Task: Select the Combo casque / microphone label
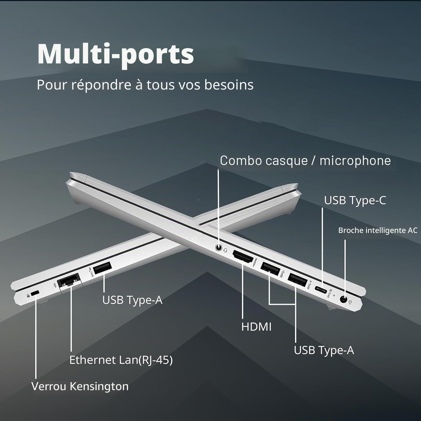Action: click(305, 161)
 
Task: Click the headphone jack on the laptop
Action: click(219, 248)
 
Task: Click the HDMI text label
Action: click(256, 327)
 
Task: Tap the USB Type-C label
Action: click(355, 200)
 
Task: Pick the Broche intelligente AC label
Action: click(378, 230)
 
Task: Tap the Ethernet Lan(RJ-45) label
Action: click(121, 360)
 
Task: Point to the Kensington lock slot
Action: click(35, 294)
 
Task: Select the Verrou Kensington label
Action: click(80, 386)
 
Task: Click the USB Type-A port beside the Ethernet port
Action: click(102, 268)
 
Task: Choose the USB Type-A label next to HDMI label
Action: click(324, 350)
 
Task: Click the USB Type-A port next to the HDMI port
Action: click(270, 268)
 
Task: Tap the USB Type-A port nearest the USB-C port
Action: click(297, 280)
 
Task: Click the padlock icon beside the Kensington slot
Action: click(28, 295)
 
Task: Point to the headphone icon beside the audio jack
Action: click(226, 250)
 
